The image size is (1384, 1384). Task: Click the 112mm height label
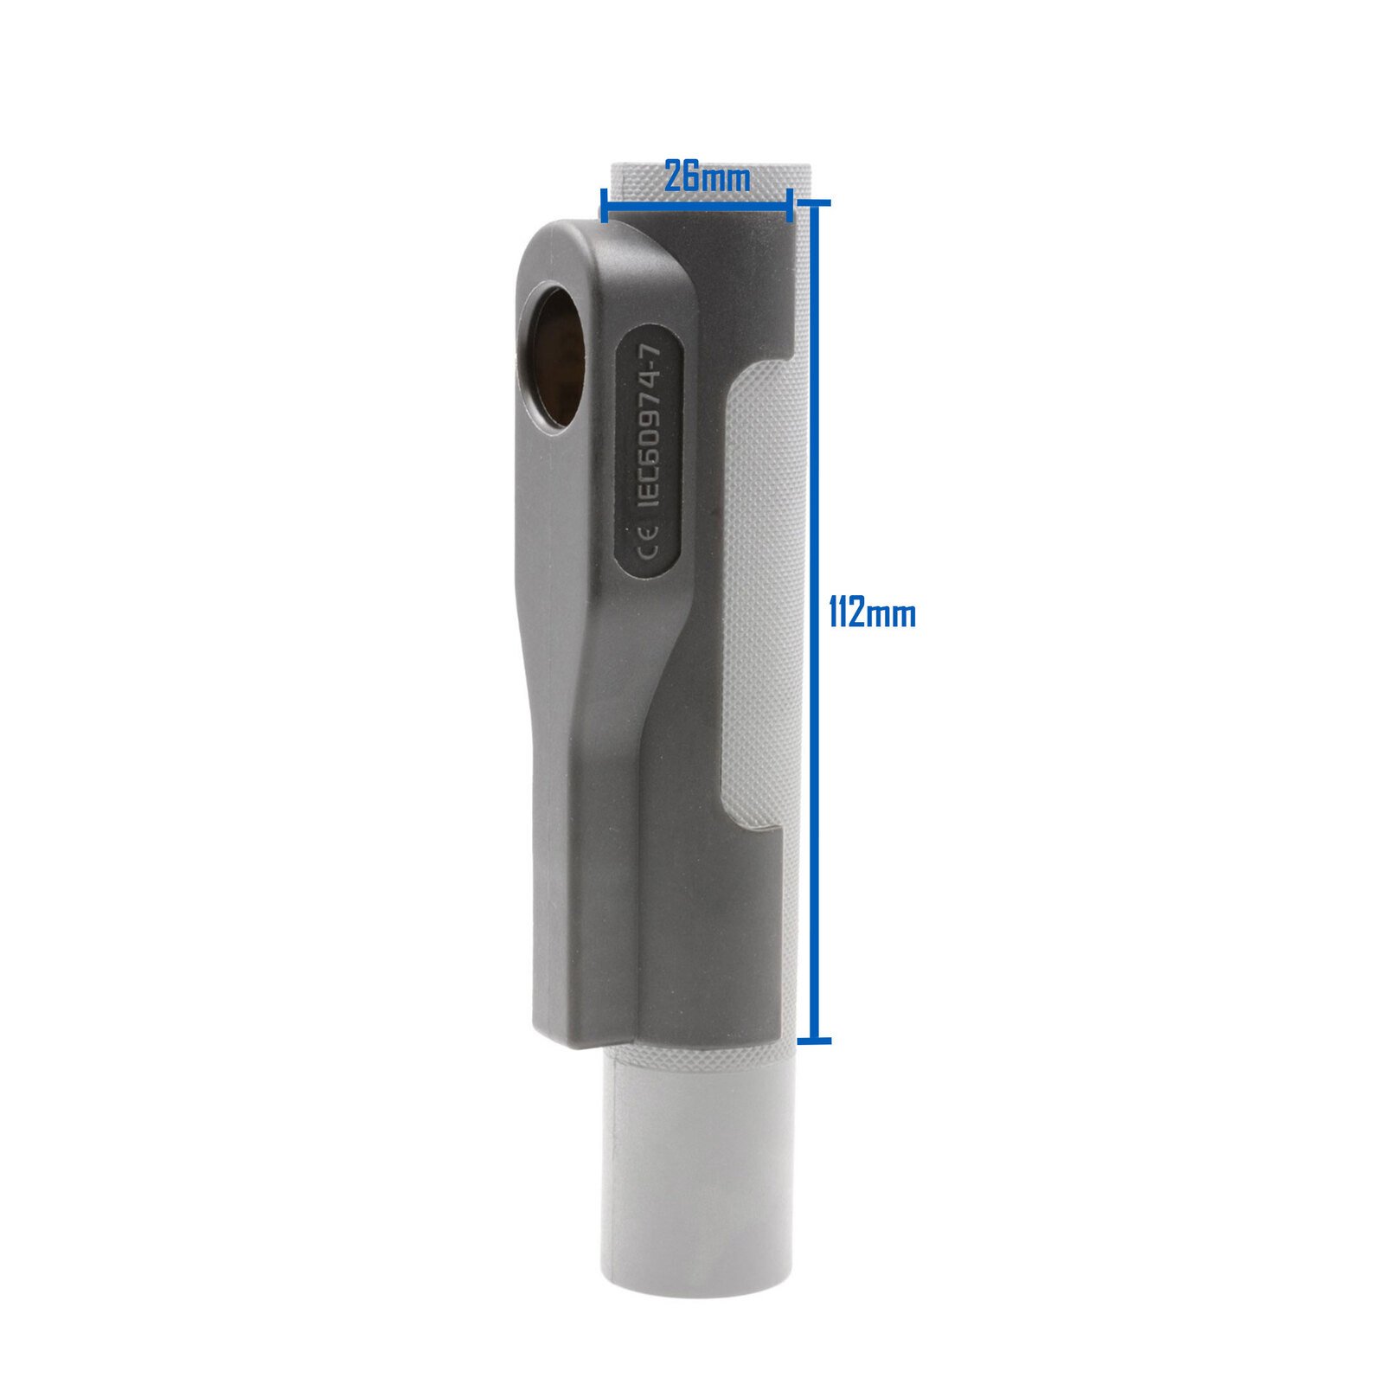pos(872,614)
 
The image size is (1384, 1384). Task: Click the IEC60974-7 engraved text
pos(650,425)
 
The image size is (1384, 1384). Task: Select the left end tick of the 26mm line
pos(602,208)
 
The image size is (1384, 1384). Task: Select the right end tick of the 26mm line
pos(790,208)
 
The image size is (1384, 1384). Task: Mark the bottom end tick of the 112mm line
pos(813,1040)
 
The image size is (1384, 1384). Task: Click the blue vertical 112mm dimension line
pos(813,622)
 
